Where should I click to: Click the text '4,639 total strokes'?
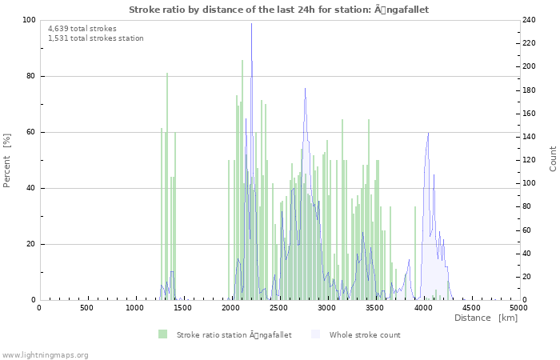coord(82,29)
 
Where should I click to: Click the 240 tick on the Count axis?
coord(531,20)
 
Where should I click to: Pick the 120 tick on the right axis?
coord(531,160)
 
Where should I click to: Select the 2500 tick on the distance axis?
coord(279,307)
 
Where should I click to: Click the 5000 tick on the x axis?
coord(518,307)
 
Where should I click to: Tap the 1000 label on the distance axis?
coord(135,307)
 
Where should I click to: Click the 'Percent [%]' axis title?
coord(7,160)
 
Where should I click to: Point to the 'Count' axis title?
coord(553,158)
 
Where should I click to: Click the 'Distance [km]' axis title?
coord(486,318)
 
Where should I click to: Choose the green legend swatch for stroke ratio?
coord(162,334)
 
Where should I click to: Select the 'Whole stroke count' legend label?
coord(364,334)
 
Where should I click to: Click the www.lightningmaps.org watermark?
coord(45,354)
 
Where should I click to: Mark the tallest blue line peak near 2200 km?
coord(251,23)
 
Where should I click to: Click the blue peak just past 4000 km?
coord(428,133)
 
